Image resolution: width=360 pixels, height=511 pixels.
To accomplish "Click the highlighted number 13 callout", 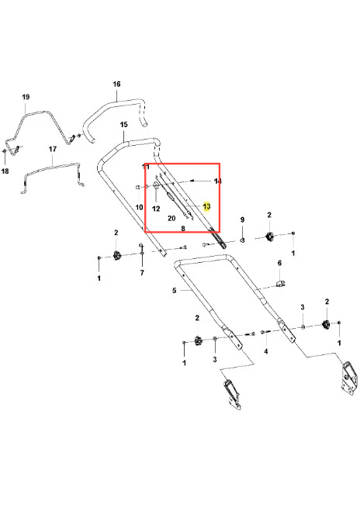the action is (x=206, y=206).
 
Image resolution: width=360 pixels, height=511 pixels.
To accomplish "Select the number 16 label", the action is (x=116, y=84).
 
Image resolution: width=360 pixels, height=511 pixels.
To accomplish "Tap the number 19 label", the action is (x=26, y=97).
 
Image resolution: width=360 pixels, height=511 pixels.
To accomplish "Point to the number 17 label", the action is (x=53, y=149).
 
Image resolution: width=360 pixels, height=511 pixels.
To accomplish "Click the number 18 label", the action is (x=5, y=171).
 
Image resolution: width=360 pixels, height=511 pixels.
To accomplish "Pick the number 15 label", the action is (x=123, y=125).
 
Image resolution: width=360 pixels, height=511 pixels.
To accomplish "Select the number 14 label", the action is (x=217, y=181).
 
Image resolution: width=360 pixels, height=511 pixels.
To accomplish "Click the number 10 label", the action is (x=139, y=207).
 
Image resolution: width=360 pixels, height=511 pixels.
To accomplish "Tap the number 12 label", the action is (x=156, y=209).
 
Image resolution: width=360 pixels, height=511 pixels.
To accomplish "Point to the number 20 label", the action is (x=171, y=219).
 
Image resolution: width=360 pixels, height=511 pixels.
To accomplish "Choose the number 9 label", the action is (x=242, y=219).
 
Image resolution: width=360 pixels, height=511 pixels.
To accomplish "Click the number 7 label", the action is (x=142, y=273).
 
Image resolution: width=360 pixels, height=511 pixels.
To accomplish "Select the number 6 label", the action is (x=279, y=263).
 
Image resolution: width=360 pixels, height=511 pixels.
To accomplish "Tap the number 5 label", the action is (x=174, y=290).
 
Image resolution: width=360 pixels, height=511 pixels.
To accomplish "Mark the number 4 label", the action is (x=266, y=351).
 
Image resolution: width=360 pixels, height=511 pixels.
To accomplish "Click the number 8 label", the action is (x=183, y=229).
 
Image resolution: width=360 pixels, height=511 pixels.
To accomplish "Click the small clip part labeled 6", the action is (x=280, y=283).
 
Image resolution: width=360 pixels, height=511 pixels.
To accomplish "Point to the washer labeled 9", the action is (x=242, y=240).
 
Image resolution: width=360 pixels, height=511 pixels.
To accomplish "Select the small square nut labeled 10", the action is (x=138, y=187).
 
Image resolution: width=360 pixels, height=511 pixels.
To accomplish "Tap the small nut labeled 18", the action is (x=5, y=151).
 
